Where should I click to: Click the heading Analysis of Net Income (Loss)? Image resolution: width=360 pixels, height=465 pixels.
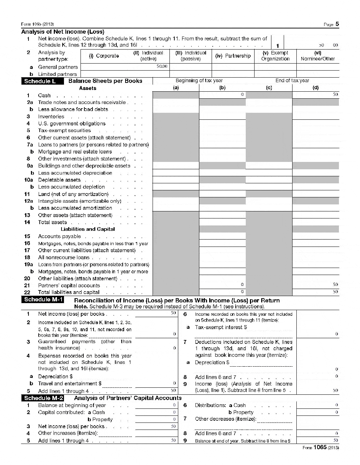(x=63, y=32)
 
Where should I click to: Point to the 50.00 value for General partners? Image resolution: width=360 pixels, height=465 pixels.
(x=162, y=66)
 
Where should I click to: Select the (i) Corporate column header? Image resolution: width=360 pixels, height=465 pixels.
(x=104, y=56)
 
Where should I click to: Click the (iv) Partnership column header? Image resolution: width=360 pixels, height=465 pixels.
(x=233, y=56)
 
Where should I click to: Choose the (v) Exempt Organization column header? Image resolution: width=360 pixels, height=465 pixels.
(x=275, y=56)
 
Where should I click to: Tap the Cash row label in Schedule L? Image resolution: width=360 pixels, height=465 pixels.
(x=44, y=96)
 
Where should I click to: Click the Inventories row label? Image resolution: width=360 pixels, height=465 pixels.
(x=51, y=117)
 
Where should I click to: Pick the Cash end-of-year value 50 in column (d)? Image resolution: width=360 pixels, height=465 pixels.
(x=335, y=94)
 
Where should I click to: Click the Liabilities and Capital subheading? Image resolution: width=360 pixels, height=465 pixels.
(x=88, y=229)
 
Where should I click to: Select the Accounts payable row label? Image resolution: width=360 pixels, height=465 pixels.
(x=59, y=236)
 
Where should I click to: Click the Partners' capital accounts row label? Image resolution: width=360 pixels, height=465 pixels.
(x=69, y=286)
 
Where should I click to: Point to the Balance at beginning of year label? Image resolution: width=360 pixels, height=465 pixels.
(x=72, y=405)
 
